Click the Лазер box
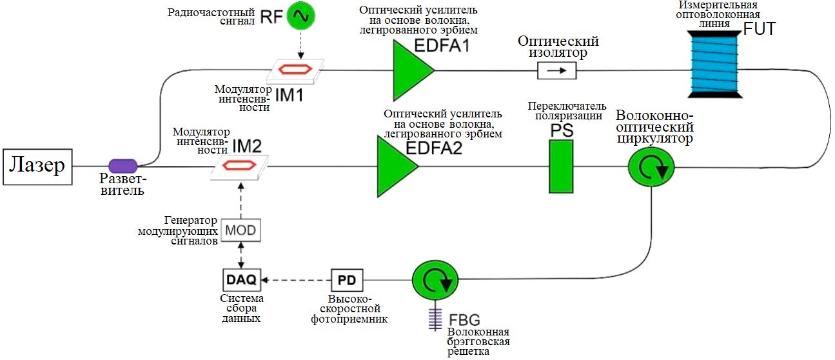pos(37,167)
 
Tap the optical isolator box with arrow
pos(557,70)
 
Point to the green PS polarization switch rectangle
pos(561,166)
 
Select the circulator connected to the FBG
pos(435,280)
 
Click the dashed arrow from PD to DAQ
pos(296,280)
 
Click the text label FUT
pos(760,29)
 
